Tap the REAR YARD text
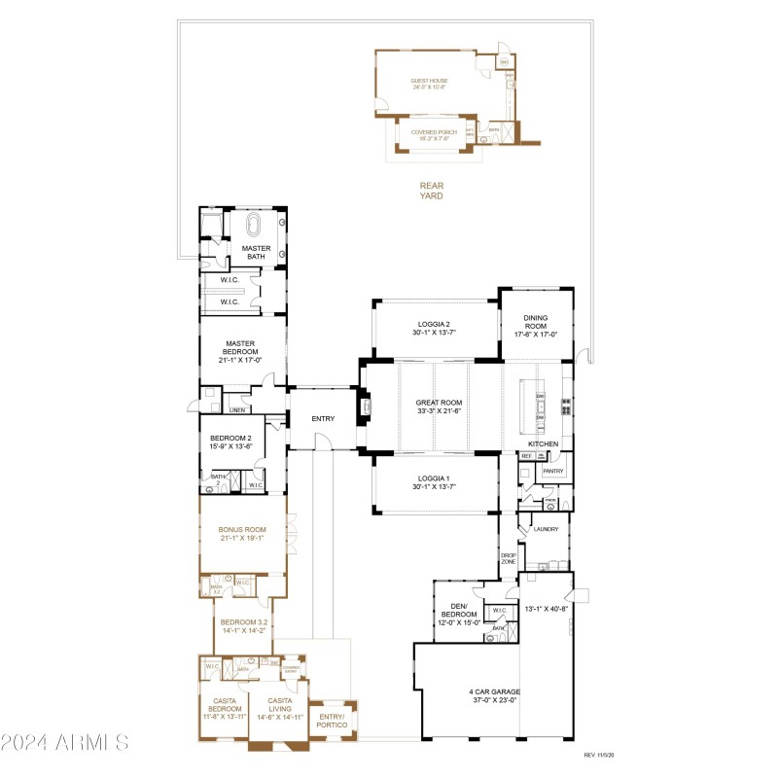click(431, 190)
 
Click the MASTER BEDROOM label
click(240, 347)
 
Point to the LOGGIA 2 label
click(434, 324)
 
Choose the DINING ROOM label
click(536, 322)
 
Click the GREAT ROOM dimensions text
click(439, 411)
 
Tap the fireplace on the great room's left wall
click(367, 405)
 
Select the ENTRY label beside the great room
click(322, 418)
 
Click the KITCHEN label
click(543, 443)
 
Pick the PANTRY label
click(553, 471)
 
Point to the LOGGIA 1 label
click(434, 478)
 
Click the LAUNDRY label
click(545, 529)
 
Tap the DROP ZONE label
click(507, 558)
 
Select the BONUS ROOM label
click(241, 530)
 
